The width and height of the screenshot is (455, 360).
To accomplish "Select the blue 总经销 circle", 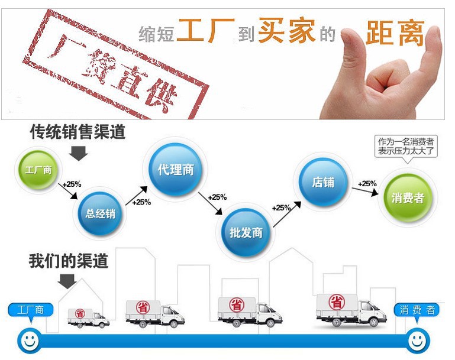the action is (x=100, y=213).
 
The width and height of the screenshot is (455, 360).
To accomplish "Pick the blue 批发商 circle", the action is (x=246, y=231).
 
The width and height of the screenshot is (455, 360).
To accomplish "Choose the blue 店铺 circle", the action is (x=322, y=181).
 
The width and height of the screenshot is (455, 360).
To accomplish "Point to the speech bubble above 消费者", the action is (x=406, y=146).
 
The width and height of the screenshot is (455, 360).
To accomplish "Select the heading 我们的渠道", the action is (x=69, y=261).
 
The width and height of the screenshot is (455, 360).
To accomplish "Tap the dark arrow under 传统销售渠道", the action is (x=78, y=153).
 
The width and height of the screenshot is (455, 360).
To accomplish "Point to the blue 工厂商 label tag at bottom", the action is (x=31, y=310).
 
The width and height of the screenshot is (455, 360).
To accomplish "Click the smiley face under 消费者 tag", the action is (x=418, y=341).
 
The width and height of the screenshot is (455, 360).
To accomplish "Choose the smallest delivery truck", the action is (x=88, y=317).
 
